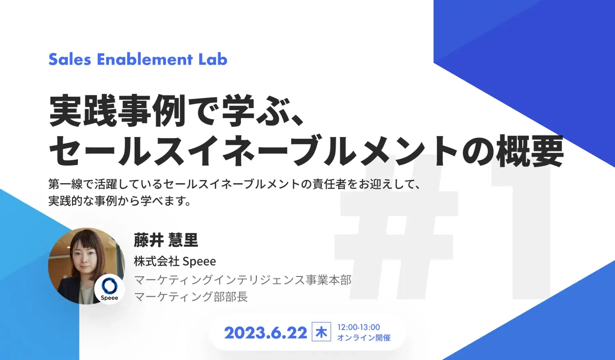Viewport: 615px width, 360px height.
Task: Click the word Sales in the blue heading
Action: pos(70,59)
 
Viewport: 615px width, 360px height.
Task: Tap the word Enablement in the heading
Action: pos(145,59)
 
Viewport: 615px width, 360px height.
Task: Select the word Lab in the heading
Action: pos(213,59)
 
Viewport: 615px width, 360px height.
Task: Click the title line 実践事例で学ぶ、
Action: pos(176,111)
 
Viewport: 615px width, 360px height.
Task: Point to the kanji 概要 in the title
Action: pos(530,151)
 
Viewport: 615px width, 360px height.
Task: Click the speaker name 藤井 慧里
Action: pos(166,240)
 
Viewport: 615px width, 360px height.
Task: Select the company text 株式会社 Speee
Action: pos(175,261)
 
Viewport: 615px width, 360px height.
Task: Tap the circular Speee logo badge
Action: pos(109,289)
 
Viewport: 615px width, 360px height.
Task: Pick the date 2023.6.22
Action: pos(265,333)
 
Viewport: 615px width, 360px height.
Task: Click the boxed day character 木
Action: pos(321,332)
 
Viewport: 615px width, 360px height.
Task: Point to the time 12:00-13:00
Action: pos(359,327)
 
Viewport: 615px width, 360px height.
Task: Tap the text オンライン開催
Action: pos(364,338)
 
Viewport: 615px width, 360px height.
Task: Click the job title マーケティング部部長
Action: pos(191,296)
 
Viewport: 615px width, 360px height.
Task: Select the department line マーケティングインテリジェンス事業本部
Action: pos(243,280)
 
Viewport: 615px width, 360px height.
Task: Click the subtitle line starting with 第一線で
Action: pos(234,184)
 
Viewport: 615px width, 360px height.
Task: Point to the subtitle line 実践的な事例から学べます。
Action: pos(120,201)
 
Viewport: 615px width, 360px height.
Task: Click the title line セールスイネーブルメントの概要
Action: pos(306,151)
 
